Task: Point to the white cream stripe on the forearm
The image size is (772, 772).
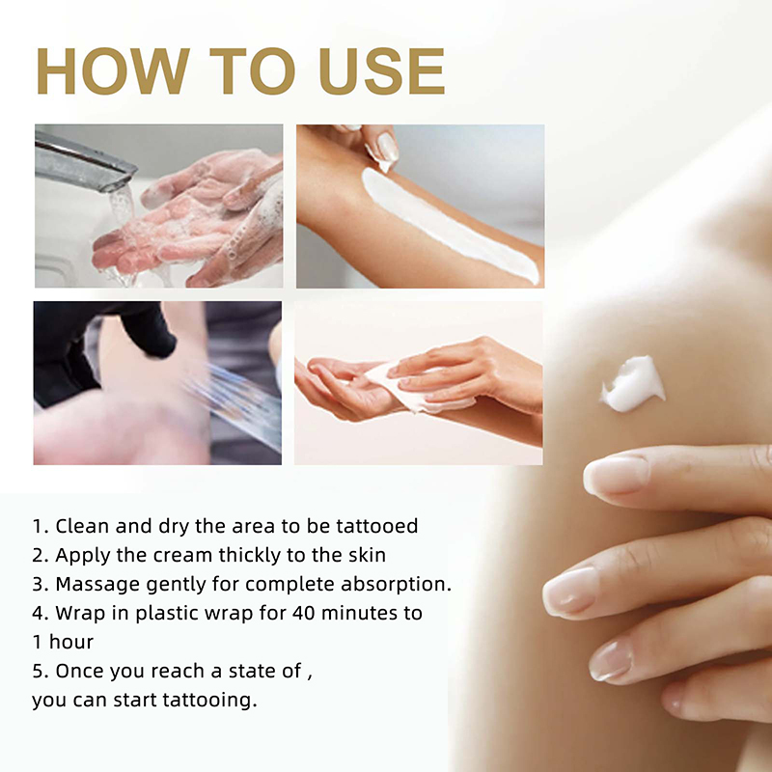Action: [448, 225]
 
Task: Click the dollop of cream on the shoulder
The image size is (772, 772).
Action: [633, 383]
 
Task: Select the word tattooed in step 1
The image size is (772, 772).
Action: [377, 526]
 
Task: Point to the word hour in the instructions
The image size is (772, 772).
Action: [70, 642]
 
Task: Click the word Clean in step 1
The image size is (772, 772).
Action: [82, 526]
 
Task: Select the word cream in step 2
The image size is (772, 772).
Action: [182, 556]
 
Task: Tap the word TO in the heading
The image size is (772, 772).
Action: [253, 70]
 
